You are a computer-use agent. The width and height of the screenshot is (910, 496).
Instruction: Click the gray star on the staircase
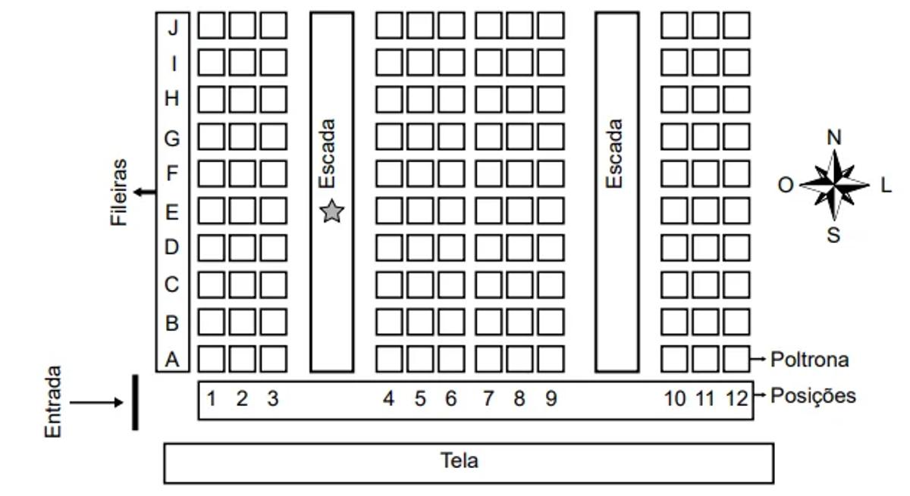click(331, 212)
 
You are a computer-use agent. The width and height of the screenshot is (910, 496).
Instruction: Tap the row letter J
click(173, 28)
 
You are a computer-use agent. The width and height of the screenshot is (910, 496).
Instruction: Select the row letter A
click(173, 360)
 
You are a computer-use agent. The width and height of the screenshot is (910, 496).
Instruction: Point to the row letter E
click(172, 212)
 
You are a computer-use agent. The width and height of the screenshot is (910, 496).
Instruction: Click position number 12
click(736, 398)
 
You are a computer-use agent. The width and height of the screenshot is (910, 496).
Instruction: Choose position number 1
click(212, 398)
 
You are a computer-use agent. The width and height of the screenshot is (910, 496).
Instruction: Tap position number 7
click(488, 398)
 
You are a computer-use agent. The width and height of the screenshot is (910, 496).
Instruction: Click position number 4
click(389, 398)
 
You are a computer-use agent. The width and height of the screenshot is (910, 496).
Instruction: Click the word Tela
click(460, 460)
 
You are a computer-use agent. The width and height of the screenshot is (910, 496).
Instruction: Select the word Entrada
click(53, 402)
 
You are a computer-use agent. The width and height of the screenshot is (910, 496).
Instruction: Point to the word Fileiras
click(119, 192)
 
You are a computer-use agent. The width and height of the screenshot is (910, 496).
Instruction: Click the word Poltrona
click(809, 360)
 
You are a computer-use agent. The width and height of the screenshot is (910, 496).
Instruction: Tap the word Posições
click(813, 396)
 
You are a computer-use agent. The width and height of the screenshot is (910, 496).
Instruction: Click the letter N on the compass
click(834, 137)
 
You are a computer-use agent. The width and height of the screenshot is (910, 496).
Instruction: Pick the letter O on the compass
click(786, 185)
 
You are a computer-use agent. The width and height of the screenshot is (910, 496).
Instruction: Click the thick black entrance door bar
click(135, 402)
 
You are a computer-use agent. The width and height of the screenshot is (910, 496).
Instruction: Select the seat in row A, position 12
click(736, 358)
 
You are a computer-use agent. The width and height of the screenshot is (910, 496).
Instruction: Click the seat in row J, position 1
click(212, 25)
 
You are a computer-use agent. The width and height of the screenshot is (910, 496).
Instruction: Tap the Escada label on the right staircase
click(615, 154)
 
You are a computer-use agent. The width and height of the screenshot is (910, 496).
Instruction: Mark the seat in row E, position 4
click(389, 211)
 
